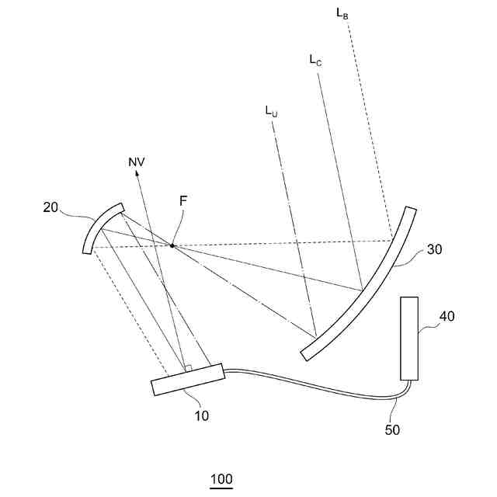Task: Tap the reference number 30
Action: pyautogui.click(x=434, y=249)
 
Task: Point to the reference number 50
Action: pyautogui.click(x=392, y=429)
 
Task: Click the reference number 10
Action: pyautogui.click(x=201, y=415)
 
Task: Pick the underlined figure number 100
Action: pyautogui.click(x=221, y=479)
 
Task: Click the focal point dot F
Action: pyautogui.click(x=172, y=245)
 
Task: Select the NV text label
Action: pyautogui.click(x=137, y=162)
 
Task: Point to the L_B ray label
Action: pyautogui.click(x=342, y=13)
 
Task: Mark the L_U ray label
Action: pyautogui.click(x=271, y=111)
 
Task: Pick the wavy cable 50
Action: pyautogui.click(x=311, y=384)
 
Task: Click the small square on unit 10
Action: pyautogui.click(x=187, y=367)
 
